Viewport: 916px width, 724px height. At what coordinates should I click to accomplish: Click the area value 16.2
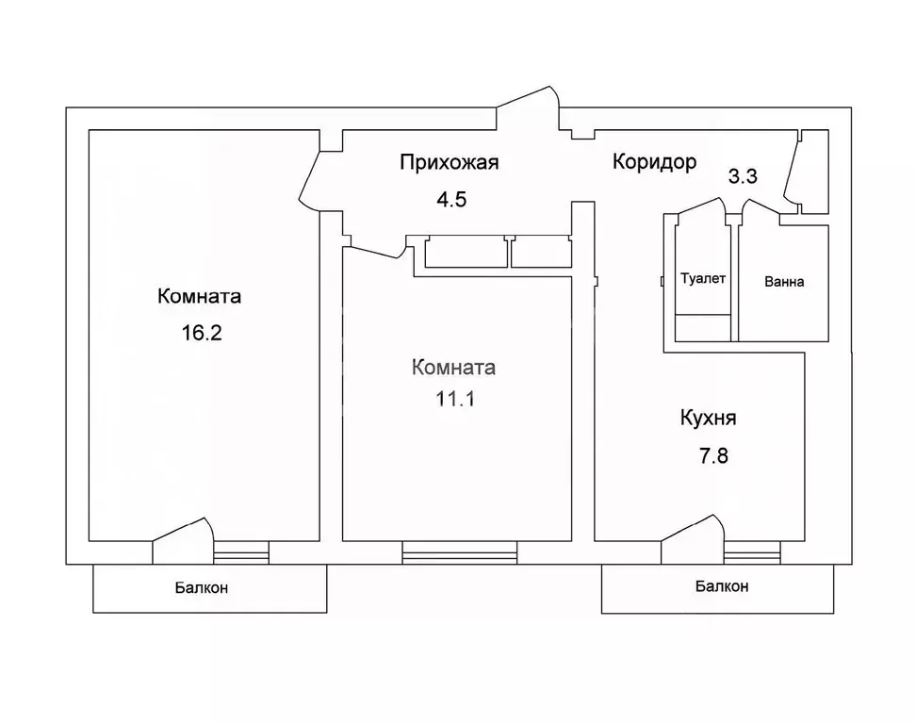(x=202, y=333)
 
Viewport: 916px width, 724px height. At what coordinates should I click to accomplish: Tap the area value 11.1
(x=455, y=399)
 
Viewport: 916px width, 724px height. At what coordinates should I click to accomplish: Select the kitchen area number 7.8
(x=713, y=455)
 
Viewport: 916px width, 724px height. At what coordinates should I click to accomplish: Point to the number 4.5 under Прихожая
(x=451, y=200)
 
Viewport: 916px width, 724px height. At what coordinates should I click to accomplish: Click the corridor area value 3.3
(x=743, y=176)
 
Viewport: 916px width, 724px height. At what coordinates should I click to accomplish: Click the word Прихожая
(x=450, y=162)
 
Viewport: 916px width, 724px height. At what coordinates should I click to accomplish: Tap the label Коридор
(x=654, y=161)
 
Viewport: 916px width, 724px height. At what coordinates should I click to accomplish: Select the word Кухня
(x=708, y=419)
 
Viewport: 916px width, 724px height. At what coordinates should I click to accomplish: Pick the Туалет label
(x=703, y=279)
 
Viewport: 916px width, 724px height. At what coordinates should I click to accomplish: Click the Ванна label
(x=784, y=282)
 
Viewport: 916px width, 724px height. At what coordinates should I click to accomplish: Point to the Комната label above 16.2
(x=199, y=296)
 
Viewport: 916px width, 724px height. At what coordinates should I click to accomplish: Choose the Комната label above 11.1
(x=453, y=368)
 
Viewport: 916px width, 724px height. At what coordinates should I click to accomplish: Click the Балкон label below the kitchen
(x=722, y=586)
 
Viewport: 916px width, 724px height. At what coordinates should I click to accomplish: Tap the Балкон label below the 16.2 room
(x=201, y=588)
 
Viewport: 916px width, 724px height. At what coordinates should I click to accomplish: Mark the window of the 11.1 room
(x=459, y=552)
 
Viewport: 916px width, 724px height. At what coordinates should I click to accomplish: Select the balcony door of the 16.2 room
(x=183, y=540)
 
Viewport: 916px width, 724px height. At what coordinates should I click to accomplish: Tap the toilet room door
(x=701, y=210)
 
